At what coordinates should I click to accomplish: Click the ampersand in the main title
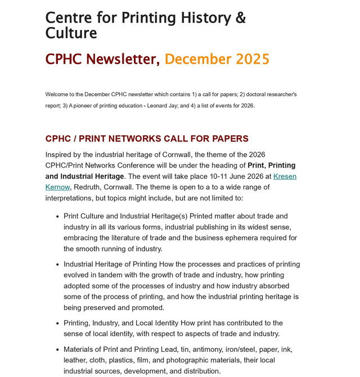[240, 18]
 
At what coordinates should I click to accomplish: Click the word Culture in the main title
[71, 33]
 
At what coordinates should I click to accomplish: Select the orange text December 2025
[217, 59]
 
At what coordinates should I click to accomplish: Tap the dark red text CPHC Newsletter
[102, 59]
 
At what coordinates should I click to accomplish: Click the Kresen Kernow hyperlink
[285, 176]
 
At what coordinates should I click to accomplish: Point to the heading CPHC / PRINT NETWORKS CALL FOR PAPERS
[147, 139]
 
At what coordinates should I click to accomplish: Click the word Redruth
[88, 187]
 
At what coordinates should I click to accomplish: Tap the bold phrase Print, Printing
[271, 165]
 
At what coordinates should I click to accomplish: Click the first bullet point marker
[57, 216]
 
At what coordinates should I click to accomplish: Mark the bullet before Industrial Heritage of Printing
[57, 265]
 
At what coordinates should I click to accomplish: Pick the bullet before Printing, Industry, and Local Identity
[57, 324]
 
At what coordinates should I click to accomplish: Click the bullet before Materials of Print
[57, 350]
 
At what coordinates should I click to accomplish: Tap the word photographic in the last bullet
[187, 360]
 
